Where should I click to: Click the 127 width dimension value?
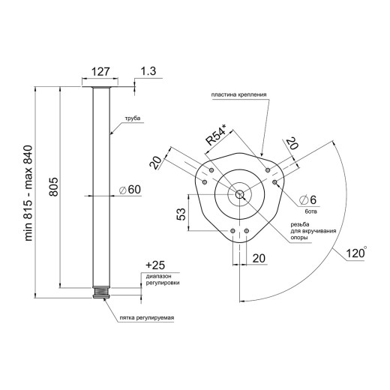[x=100, y=72]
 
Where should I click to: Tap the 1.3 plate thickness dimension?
[x=148, y=71]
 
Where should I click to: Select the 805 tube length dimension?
[x=53, y=187]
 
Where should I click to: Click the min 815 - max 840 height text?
[x=28, y=193]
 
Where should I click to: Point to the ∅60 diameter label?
[x=130, y=190]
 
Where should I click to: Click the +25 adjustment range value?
[x=155, y=265]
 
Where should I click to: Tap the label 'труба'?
[x=133, y=118]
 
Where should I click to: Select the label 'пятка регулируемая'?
[x=147, y=318]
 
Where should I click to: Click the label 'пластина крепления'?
[x=238, y=94]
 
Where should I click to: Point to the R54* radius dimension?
[x=216, y=135]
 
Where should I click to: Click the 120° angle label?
[x=356, y=253]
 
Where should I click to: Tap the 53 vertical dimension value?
[x=181, y=214]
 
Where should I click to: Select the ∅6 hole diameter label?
[x=308, y=199]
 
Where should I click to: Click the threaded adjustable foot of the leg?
[x=101, y=292]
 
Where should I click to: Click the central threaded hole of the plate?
[x=240, y=194]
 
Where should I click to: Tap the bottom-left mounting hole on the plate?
[x=232, y=230]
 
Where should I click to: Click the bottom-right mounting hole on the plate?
[x=247, y=230]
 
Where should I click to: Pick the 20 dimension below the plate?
[x=259, y=258]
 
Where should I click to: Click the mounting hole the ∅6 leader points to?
[x=274, y=181]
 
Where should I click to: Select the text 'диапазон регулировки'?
[x=163, y=280]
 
